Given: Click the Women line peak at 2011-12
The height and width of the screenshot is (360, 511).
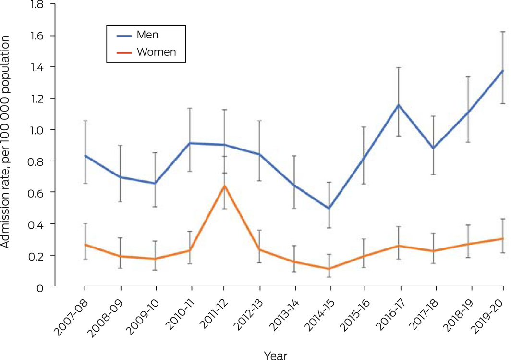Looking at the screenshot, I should pyautogui.click(x=224, y=186).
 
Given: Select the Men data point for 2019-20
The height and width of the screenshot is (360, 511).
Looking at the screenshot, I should pyautogui.click(x=503, y=71).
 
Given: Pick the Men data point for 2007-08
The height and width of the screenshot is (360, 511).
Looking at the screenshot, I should pyautogui.click(x=85, y=155).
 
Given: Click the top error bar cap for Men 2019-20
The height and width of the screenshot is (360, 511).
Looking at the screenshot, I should pyautogui.click(x=503, y=32).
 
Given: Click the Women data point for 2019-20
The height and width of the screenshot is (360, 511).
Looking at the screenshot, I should pyautogui.click(x=503, y=238).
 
